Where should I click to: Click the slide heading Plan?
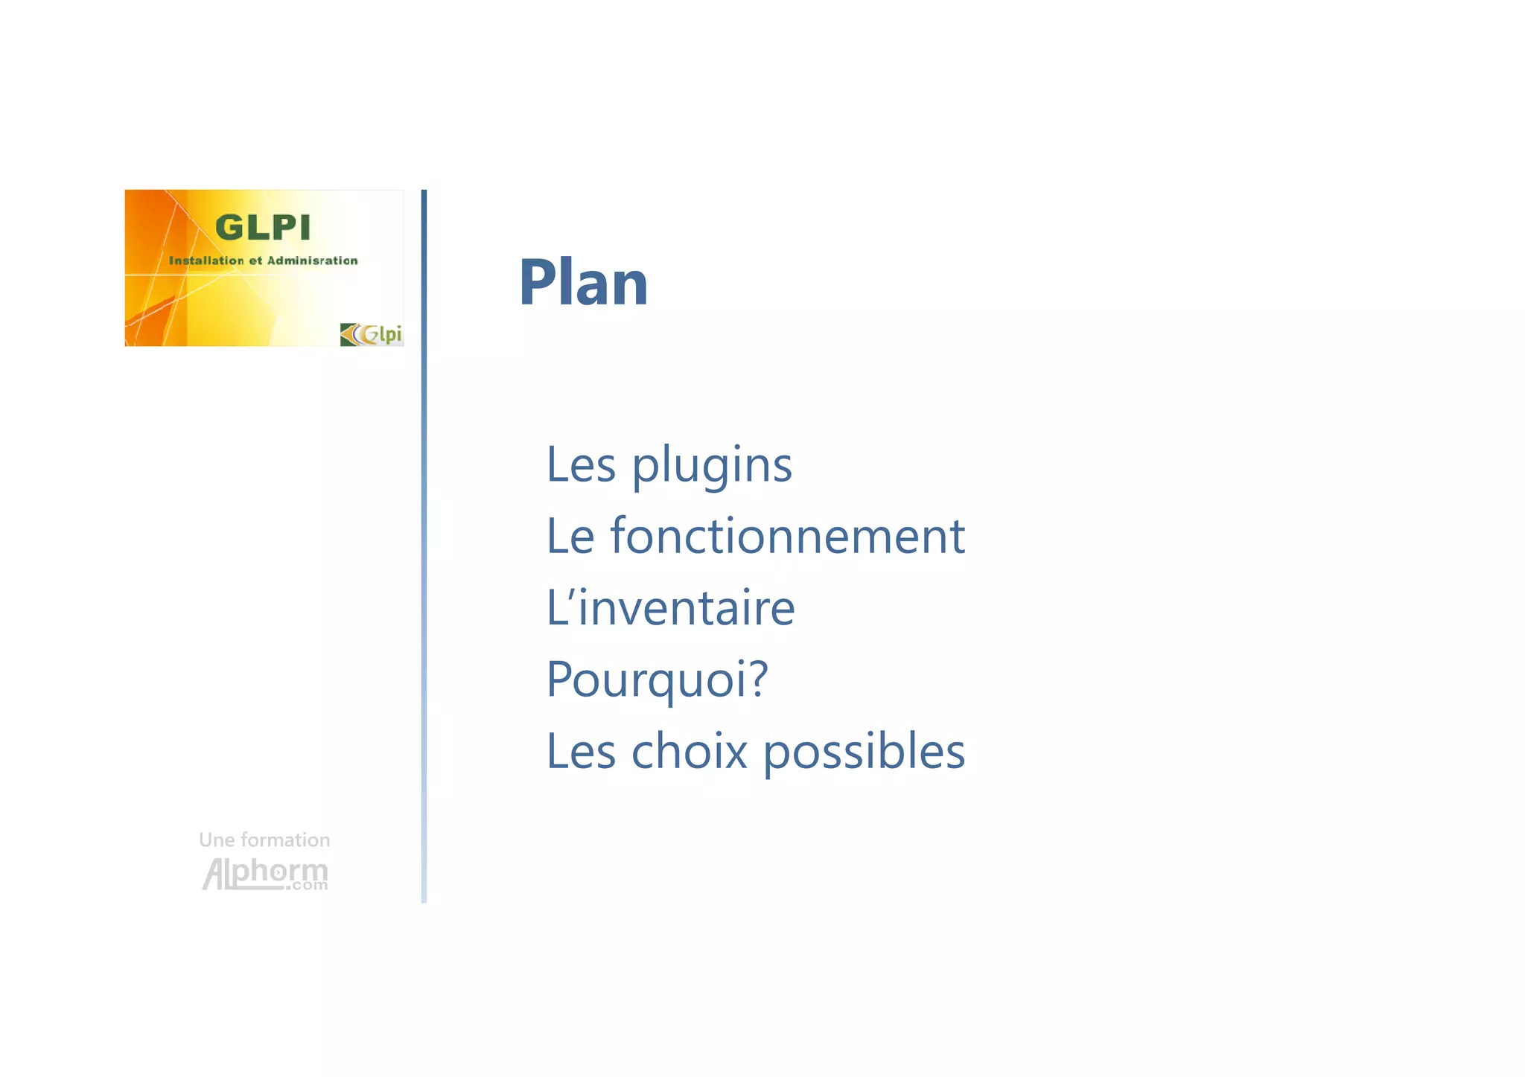583,282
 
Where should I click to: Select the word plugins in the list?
712,466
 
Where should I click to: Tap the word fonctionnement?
787,536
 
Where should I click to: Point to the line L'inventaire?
670,607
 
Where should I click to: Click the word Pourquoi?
647,679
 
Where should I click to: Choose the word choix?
689,750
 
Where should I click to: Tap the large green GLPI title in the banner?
262,228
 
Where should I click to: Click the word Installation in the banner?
206,261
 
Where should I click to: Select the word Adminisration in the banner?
312,261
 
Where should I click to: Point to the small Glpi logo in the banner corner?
372,334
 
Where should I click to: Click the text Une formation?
264,840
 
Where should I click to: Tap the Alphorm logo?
264,872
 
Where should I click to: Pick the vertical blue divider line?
424,546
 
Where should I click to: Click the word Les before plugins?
581,464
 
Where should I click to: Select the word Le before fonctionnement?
570,536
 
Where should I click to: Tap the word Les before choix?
581,750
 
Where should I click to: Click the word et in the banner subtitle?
255,261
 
